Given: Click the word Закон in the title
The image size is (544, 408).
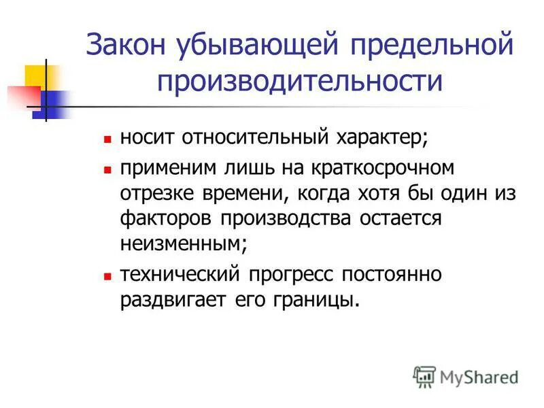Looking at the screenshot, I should coord(129,48).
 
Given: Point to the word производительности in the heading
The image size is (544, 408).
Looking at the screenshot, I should coord(300,81).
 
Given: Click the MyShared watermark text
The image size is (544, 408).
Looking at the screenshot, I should coord(479,376).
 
